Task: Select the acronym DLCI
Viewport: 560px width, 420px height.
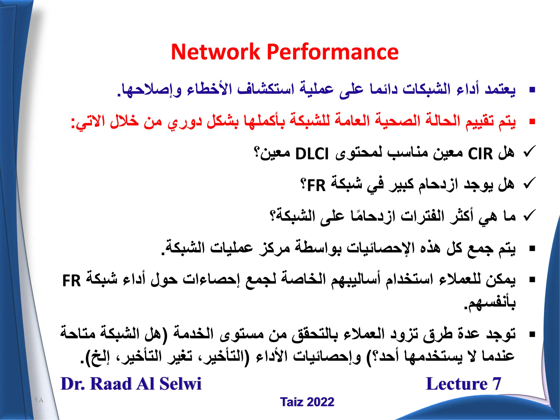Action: (x=312, y=154)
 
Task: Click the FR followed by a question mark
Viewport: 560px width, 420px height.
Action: (x=316, y=186)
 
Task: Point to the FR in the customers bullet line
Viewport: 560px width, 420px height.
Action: (x=72, y=281)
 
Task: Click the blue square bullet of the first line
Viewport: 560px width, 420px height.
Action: (x=532, y=90)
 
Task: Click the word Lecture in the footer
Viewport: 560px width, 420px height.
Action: (x=457, y=384)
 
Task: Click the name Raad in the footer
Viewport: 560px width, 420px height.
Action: (x=111, y=384)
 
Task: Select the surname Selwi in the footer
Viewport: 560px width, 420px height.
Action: (x=180, y=384)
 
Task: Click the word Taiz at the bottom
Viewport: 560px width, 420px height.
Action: (x=291, y=402)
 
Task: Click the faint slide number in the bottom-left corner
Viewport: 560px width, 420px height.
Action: (x=39, y=400)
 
